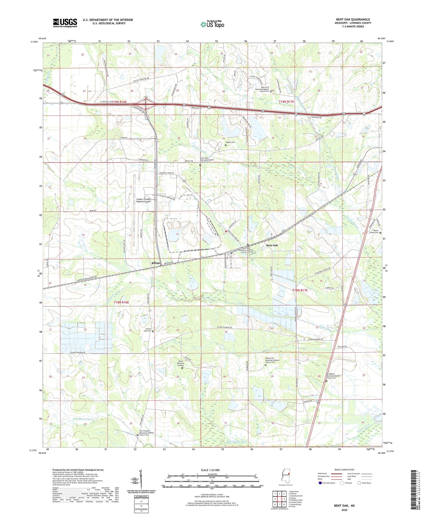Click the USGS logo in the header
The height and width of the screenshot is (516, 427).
click(65, 23)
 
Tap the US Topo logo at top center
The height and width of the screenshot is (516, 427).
click(212, 24)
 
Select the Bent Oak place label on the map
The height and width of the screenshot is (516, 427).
click(272, 245)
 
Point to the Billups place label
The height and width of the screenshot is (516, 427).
click(156, 263)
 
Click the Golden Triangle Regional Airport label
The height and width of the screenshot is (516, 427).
click(143, 200)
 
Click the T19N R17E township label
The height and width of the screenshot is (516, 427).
click(286, 102)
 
